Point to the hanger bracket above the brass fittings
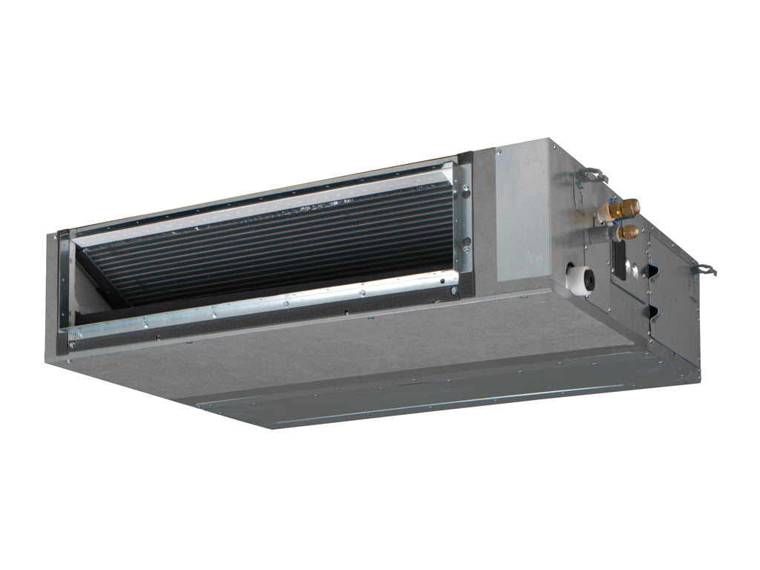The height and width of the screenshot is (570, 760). [x=592, y=175]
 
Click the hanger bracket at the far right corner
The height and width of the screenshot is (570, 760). [x=704, y=269]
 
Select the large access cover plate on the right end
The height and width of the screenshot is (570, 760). [x=672, y=297]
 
